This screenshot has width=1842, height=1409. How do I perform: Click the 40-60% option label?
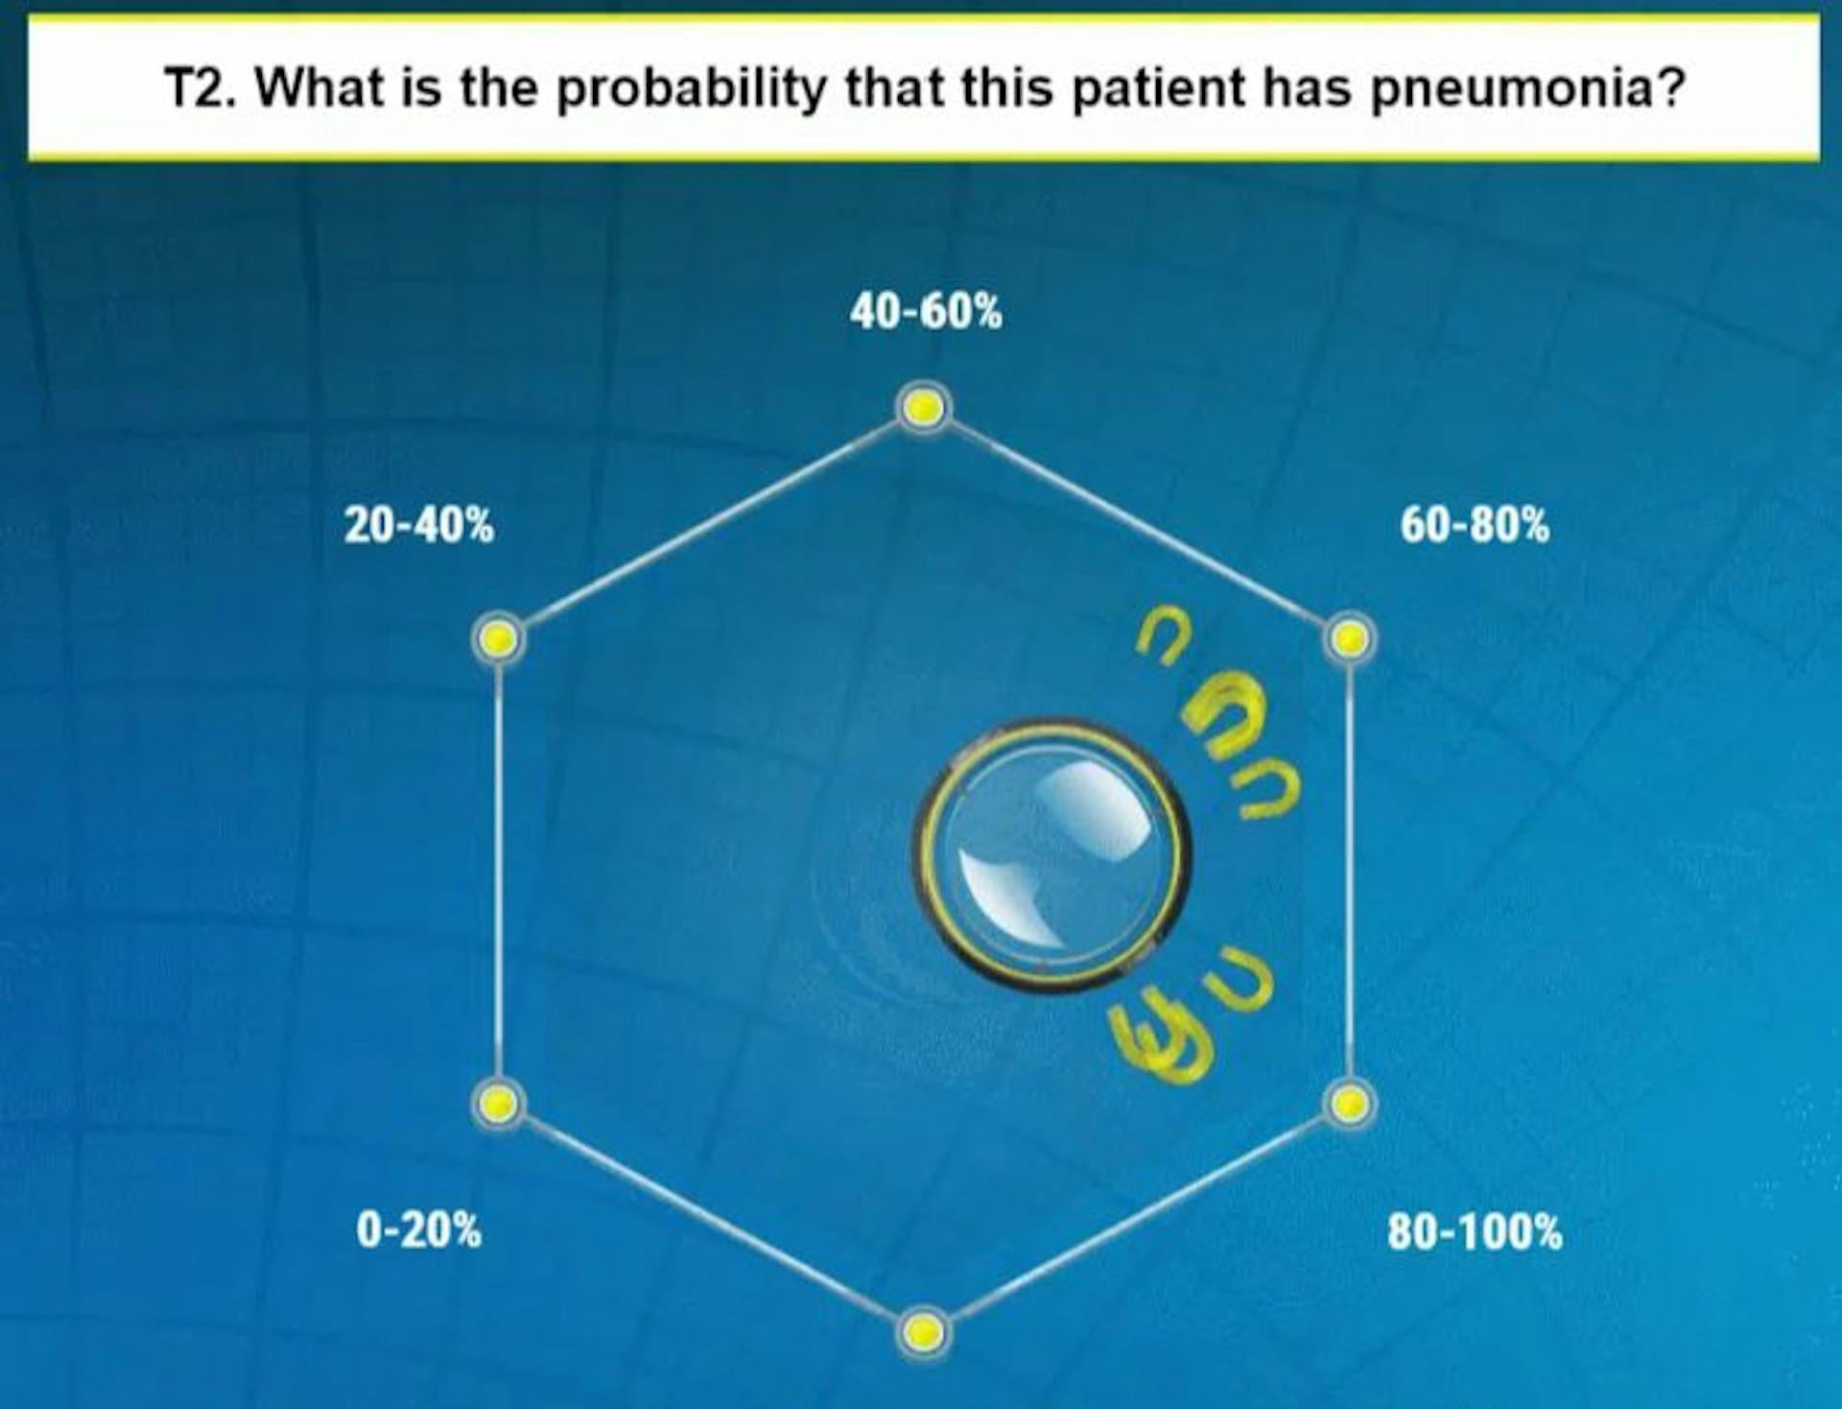[926, 312]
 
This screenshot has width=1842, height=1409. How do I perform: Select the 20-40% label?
[419, 526]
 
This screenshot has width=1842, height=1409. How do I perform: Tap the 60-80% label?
[1475, 526]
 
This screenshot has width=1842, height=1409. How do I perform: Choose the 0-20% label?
[419, 1230]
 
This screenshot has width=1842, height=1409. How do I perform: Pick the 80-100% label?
[1475, 1231]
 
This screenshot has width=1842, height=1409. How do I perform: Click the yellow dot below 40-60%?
[924, 408]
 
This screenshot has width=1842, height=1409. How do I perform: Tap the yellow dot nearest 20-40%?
[499, 638]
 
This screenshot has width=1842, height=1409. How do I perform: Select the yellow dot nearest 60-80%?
[1350, 638]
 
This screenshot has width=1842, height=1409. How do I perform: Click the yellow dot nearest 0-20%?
[499, 1104]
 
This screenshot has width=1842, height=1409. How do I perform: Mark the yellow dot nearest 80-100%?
[1349, 1104]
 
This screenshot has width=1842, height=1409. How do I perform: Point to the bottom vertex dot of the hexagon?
[923, 1332]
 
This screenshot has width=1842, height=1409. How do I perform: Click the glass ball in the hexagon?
[1051, 855]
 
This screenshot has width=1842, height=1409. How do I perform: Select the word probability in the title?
[691, 89]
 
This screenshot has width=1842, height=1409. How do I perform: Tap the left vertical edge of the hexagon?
[499, 871]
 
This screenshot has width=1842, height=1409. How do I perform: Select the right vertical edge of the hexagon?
[1350, 871]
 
